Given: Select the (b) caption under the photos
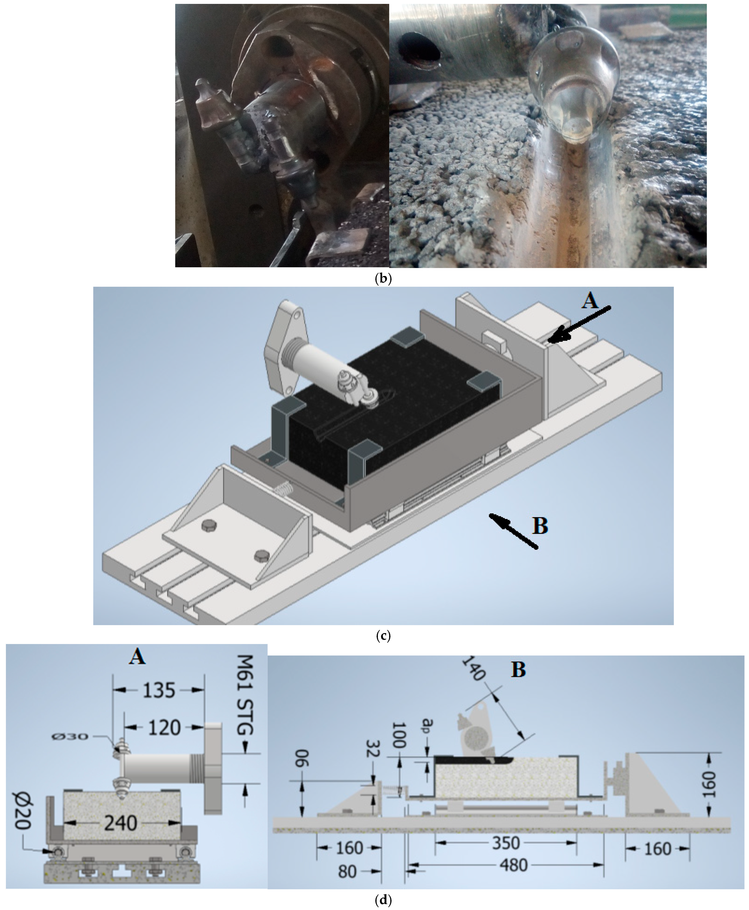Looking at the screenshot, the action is pyautogui.click(x=383, y=279).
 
